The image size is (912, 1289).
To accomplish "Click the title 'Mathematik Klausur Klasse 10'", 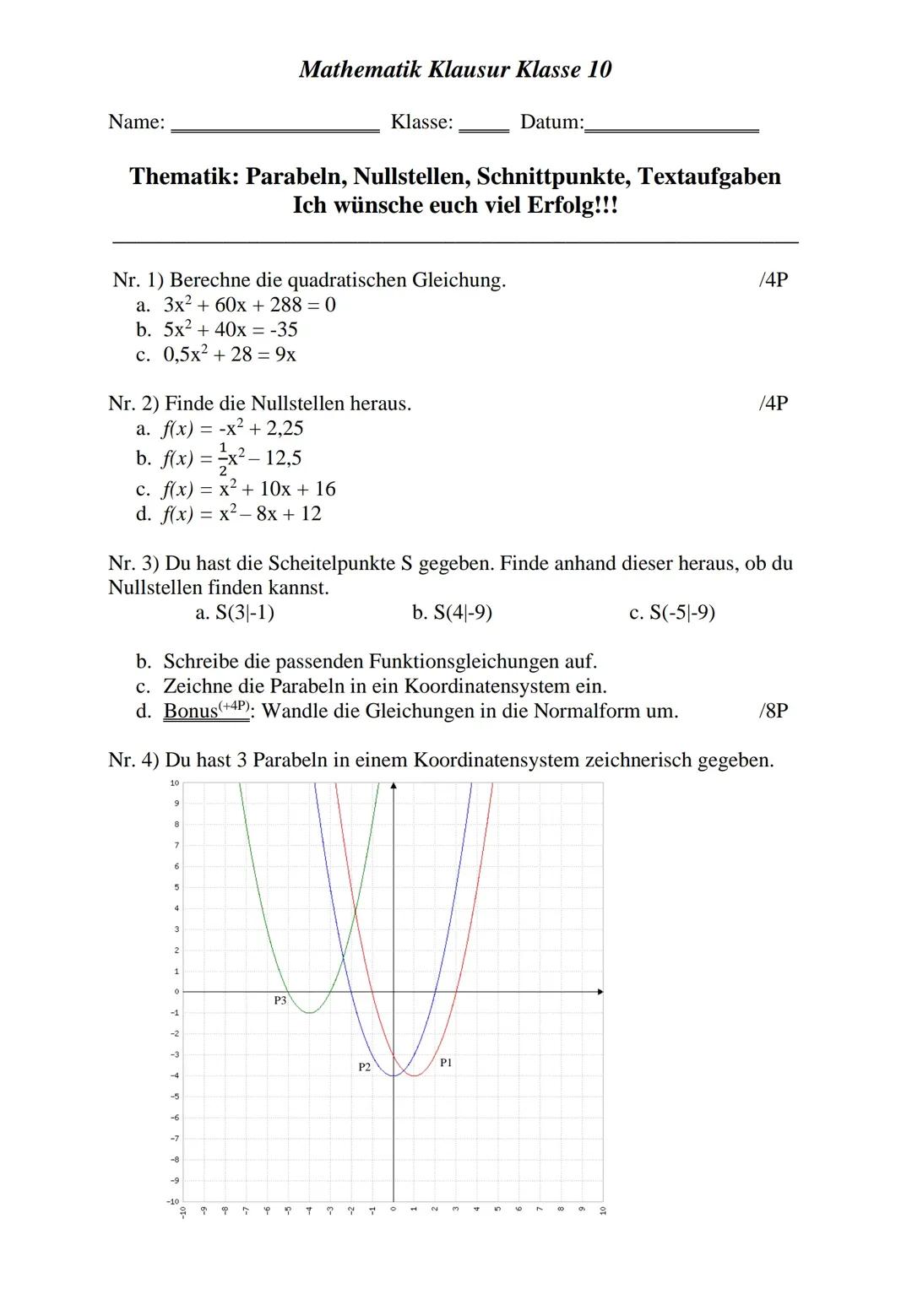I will [x=455, y=69].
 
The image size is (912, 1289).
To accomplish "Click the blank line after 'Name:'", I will [x=275, y=128].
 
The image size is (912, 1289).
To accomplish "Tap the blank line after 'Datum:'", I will [x=671, y=128].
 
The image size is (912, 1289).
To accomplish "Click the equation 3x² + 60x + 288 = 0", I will [x=249, y=305].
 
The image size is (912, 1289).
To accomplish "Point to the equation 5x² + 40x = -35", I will [x=231, y=329].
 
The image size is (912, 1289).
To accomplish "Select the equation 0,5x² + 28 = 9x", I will [x=230, y=355].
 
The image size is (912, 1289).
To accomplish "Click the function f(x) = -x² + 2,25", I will [x=232, y=428].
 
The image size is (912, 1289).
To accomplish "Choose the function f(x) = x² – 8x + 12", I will [x=241, y=513].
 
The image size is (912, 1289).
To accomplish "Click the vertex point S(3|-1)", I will [x=244, y=612].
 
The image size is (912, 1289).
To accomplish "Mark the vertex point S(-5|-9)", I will [x=681, y=612].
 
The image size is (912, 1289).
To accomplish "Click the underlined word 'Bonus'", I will [x=190, y=712].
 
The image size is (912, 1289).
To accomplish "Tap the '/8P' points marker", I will [x=774, y=711].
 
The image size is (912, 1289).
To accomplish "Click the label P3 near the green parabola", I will [x=280, y=1000].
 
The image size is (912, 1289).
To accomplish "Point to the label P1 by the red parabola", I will [x=446, y=1063].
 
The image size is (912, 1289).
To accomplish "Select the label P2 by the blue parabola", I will [x=364, y=1067].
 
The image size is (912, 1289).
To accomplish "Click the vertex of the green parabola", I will [x=309, y=1012].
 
